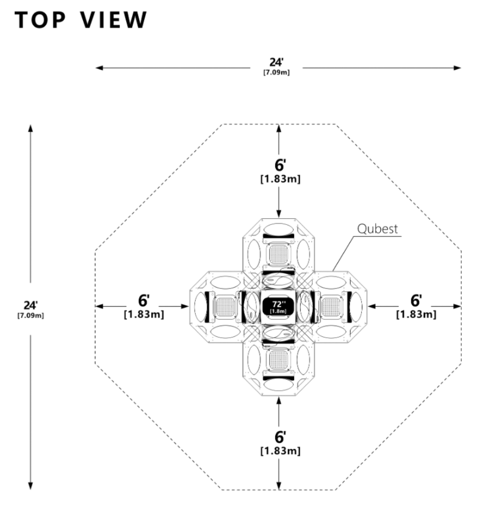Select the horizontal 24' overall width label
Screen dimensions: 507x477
coord(276,63)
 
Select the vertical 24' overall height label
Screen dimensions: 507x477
coord(30,305)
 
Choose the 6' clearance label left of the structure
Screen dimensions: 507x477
coord(144,301)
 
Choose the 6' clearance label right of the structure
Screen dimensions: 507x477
coord(416,301)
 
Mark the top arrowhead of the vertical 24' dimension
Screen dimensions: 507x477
coord(30,128)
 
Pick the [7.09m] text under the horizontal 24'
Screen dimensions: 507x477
coord(276,72)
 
